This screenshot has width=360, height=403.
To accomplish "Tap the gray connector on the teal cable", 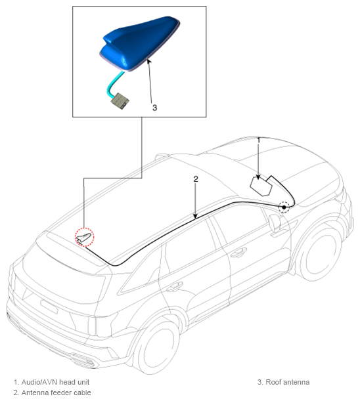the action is pos(120,100).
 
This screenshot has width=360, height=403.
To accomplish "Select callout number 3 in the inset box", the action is pos(154,108).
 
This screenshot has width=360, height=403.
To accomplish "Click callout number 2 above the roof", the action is pos(196,179).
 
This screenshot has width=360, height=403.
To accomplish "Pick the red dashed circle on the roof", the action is pos(85,237).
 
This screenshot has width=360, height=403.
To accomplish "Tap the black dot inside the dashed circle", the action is pos(284,207).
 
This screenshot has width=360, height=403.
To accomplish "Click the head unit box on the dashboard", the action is pos(261,186).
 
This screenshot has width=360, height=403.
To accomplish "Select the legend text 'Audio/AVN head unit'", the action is pos(55,382).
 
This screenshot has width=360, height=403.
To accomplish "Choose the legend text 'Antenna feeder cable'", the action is pos(56,392).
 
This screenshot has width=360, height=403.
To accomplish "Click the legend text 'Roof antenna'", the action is pos(288,382).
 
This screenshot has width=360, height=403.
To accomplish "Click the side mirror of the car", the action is pos(275,223).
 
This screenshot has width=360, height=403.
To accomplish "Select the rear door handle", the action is pos(174,286).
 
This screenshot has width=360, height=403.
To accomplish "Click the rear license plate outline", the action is pos(49,307).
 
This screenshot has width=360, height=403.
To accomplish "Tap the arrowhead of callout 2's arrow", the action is pos(196,217).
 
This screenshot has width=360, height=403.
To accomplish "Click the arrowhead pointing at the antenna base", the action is pos(148,62).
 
